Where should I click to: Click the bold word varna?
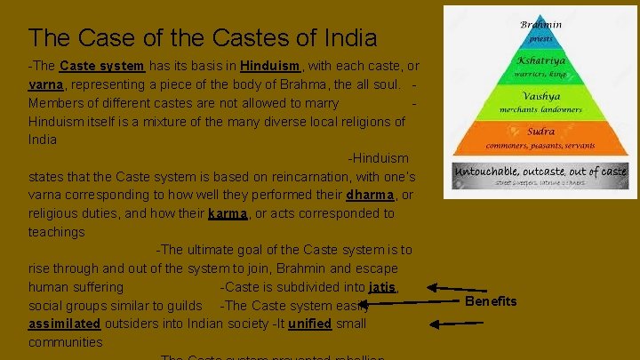coord(44,85)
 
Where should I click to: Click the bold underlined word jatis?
coord(382,287)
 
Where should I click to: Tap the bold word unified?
coord(309,324)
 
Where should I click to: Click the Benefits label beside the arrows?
coord(491,301)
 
